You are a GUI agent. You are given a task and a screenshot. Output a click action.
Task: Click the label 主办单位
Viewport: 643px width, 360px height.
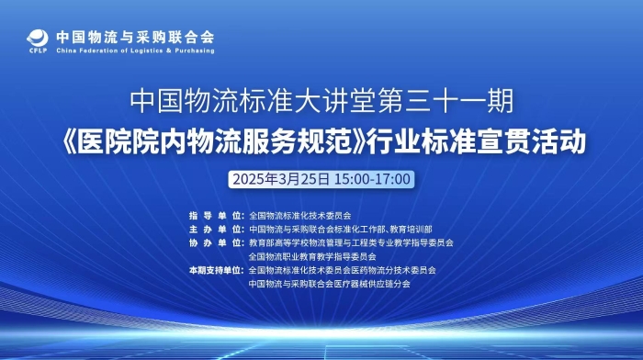[x=216, y=229]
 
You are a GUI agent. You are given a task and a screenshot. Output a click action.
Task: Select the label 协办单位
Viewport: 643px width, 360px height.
[x=216, y=242]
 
